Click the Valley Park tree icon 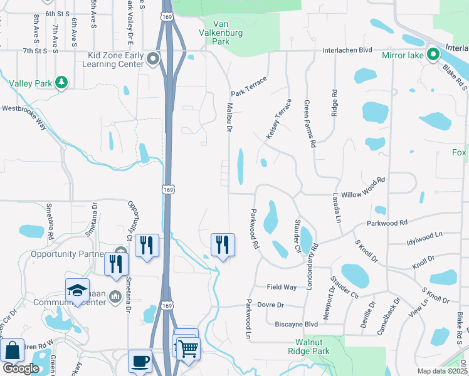click(61, 83)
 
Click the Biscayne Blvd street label click(297, 325)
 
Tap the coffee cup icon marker click(140, 361)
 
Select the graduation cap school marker click(77, 290)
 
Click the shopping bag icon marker click(13, 352)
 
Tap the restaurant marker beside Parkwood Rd click(222, 244)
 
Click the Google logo click(21, 368)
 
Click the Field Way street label click(282, 286)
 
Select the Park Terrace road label click(248, 86)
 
